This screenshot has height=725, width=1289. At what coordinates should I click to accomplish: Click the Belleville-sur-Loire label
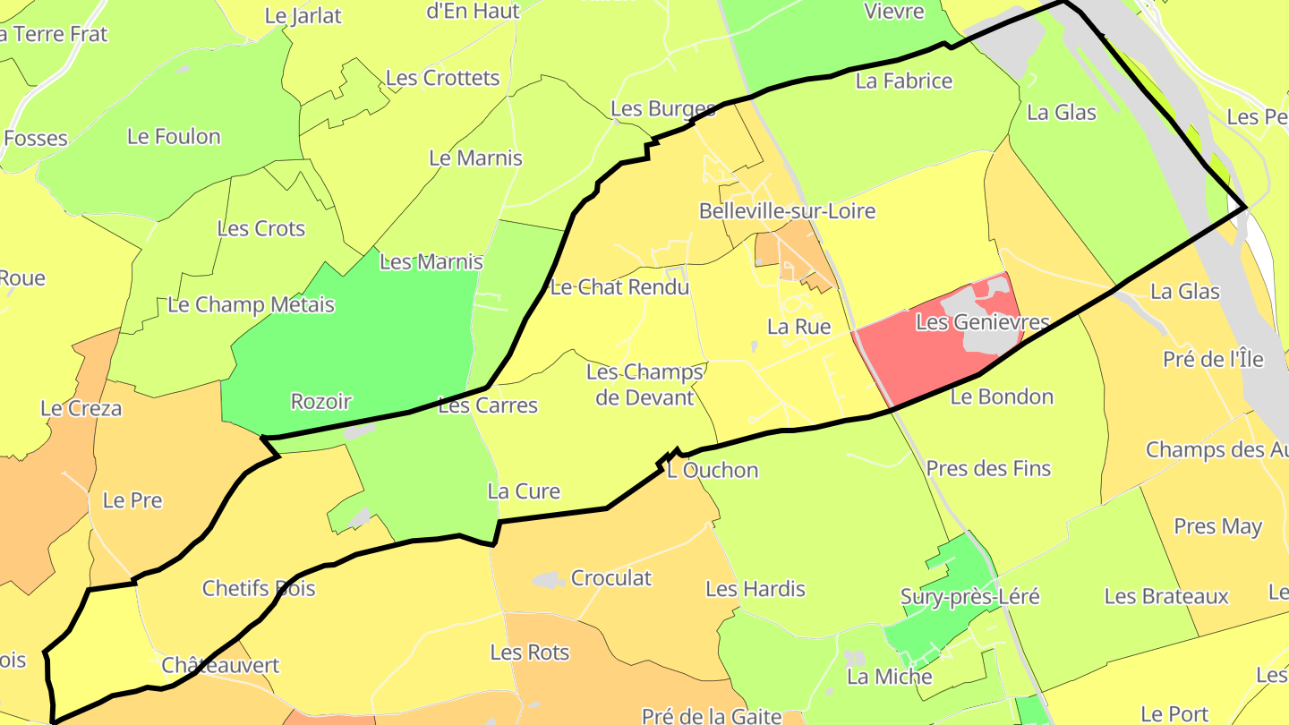coord(787,211)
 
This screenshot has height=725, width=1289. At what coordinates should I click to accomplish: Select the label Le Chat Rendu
coord(619,287)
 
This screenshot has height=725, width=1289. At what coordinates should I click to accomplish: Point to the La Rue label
coord(798,327)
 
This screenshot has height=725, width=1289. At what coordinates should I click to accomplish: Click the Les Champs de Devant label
coord(644,384)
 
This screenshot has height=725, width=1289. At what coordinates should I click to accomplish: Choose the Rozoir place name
coord(321,402)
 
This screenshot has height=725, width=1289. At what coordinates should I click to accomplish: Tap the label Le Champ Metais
coord(251,305)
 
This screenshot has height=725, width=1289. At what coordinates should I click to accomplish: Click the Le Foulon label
coord(174,137)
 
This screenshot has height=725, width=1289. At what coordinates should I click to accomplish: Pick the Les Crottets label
coord(442,78)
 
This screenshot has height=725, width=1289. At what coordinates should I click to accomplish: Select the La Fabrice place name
coord(904,81)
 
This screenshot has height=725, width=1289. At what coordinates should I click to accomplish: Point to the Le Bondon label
coord(1002,397)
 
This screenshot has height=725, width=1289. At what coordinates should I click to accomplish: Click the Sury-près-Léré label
coord(969,596)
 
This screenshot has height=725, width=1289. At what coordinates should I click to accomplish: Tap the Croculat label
coord(611,578)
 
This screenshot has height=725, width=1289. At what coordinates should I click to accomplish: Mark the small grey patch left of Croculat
coord(548,580)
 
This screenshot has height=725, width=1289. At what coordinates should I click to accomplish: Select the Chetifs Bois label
coord(259,588)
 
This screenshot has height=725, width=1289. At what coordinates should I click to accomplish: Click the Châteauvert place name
coord(220,665)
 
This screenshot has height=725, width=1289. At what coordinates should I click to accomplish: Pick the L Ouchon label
coord(713,470)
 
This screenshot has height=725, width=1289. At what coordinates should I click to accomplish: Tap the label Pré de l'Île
coord(1213,359)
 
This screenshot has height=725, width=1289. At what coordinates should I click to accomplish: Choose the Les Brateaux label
coord(1166,596)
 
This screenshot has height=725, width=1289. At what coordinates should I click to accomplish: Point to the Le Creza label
coord(81,408)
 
